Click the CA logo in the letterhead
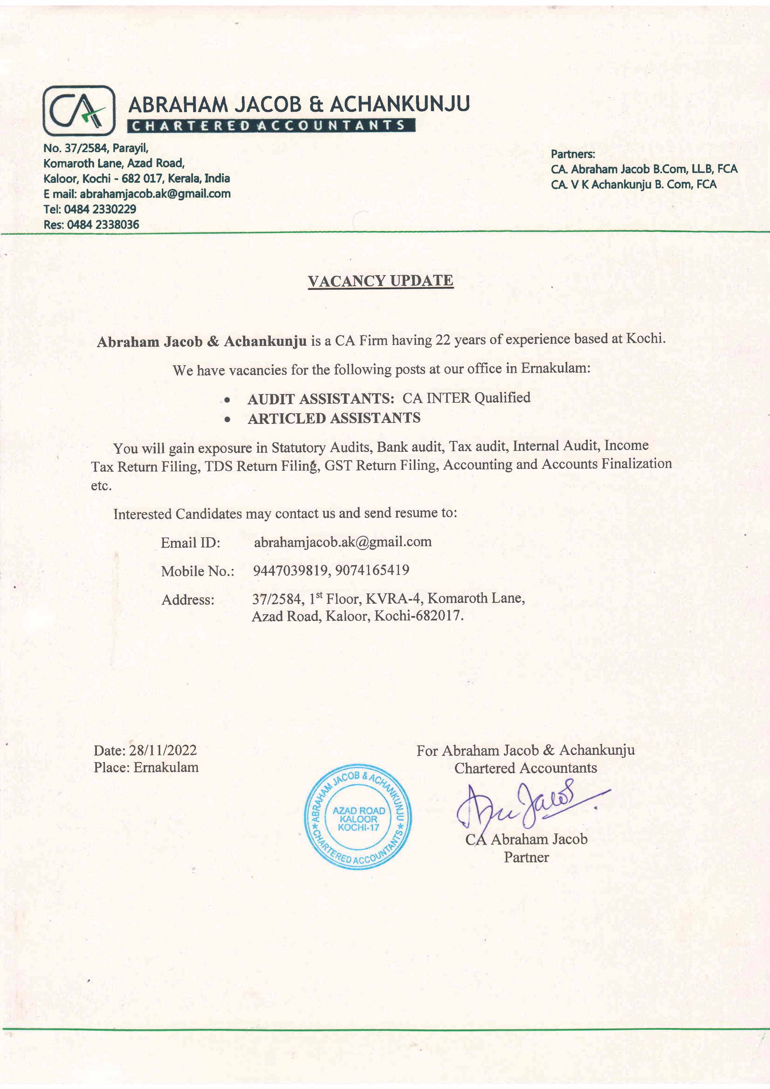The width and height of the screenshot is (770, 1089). tap(79, 111)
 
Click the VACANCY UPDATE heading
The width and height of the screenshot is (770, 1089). tap(380, 281)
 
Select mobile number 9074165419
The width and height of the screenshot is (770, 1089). tap(372, 570)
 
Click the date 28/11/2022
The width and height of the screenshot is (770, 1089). tap(163, 750)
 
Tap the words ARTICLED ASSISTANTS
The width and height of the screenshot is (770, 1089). tap(334, 418)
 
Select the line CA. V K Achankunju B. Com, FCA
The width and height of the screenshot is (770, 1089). tap(633, 184)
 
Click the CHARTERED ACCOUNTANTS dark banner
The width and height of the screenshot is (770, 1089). tap(271, 126)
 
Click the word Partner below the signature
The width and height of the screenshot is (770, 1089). tap(526, 857)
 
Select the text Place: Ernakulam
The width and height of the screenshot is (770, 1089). tap(146, 767)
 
